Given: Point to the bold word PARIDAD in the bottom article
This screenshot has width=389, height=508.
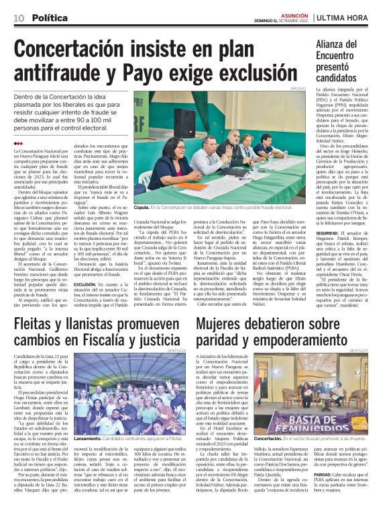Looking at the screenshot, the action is pos(301,474).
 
